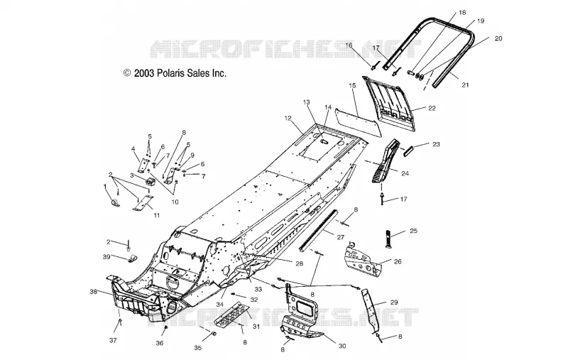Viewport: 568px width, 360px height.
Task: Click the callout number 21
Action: click(465, 84)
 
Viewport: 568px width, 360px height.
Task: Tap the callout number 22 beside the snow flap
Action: click(432, 108)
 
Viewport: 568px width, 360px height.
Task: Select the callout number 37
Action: click(113, 340)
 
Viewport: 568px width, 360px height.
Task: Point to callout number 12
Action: click(288, 118)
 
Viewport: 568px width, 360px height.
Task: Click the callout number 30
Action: click(342, 346)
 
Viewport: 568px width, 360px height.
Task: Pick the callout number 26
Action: click(398, 261)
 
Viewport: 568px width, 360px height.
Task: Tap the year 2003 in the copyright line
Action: click(144, 73)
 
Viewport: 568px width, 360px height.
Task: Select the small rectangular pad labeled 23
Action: click(408, 150)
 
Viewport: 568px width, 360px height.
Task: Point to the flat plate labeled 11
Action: click(143, 203)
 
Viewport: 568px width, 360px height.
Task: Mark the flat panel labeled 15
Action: click(359, 121)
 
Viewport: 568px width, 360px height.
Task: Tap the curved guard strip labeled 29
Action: click(371, 310)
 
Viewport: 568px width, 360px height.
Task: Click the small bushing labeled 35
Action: click(214, 333)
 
